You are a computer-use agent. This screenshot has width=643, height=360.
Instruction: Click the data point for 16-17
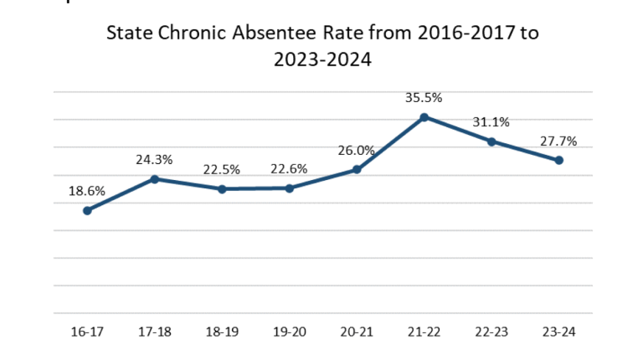coord(87,210)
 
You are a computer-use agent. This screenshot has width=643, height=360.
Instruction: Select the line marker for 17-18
coord(155,179)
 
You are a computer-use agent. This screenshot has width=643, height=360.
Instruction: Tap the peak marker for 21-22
coord(424,117)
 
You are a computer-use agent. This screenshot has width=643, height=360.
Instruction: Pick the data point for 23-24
coord(559,160)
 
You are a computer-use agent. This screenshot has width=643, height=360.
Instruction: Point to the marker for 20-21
coord(357,170)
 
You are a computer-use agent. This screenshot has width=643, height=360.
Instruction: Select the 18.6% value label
coord(87,191)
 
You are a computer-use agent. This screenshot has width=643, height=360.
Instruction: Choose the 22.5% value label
coord(222,170)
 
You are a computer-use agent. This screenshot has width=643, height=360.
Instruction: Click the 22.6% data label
coord(290,169)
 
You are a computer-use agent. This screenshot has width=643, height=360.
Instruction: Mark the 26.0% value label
coord(357,151)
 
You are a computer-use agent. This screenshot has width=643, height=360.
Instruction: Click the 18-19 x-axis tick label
coord(222,332)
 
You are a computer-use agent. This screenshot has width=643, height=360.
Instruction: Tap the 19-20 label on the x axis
coord(290,332)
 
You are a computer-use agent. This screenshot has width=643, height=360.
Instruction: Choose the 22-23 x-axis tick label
coord(492,332)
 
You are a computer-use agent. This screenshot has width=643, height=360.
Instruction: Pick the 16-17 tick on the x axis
coord(87,332)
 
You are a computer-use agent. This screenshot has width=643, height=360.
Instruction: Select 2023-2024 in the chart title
coord(321,61)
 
